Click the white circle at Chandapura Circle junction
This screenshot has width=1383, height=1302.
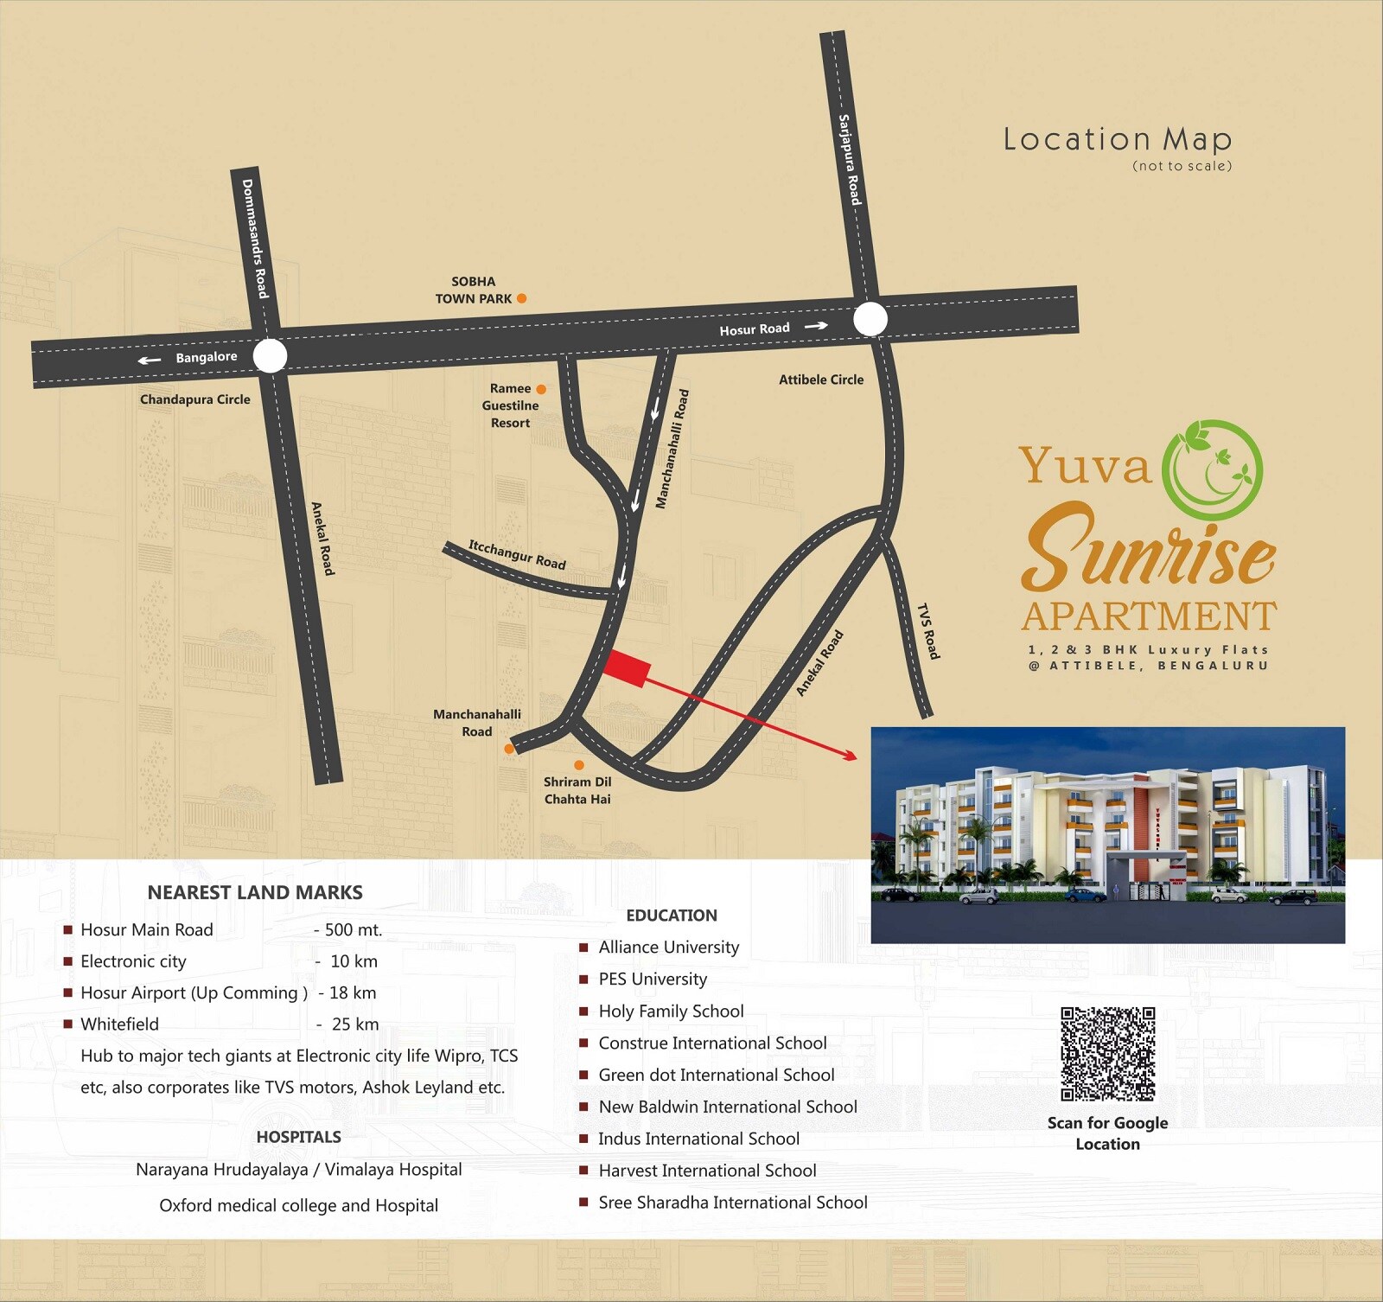click(x=271, y=355)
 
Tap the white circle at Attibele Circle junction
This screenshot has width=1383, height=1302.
click(x=870, y=319)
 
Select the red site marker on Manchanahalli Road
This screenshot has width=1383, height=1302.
click(x=626, y=668)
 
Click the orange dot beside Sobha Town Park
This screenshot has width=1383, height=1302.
click(x=521, y=298)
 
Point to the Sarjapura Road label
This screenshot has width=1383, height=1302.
click(x=850, y=160)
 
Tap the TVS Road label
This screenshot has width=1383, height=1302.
click(x=927, y=632)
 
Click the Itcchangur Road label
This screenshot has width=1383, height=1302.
click(x=517, y=554)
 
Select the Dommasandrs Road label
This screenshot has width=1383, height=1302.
click(x=255, y=239)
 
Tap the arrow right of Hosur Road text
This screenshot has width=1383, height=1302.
click(x=816, y=326)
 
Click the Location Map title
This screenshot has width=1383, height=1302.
click(x=1117, y=140)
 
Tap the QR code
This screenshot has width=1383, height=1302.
click(x=1108, y=1054)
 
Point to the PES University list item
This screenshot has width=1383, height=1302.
click(x=653, y=979)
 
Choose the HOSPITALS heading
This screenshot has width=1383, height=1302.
click(x=298, y=1137)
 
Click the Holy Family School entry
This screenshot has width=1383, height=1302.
click(x=671, y=1011)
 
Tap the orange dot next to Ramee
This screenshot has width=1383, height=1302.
click(x=541, y=389)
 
